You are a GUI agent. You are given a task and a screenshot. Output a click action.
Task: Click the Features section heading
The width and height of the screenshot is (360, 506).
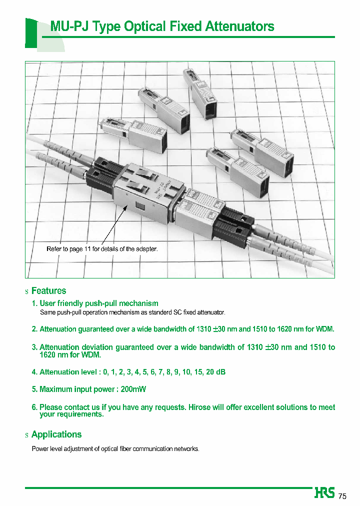click(x=48, y=290)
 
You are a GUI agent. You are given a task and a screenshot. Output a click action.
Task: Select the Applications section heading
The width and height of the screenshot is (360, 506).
click(x=56, y=434)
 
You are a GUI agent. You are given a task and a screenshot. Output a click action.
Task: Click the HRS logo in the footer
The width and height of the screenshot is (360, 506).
click(x=325, y=493)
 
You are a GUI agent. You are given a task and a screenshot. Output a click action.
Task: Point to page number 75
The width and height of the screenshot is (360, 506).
click(x=342, y=496)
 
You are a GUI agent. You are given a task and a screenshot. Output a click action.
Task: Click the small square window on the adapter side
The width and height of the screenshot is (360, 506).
click(x=138, y=207)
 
